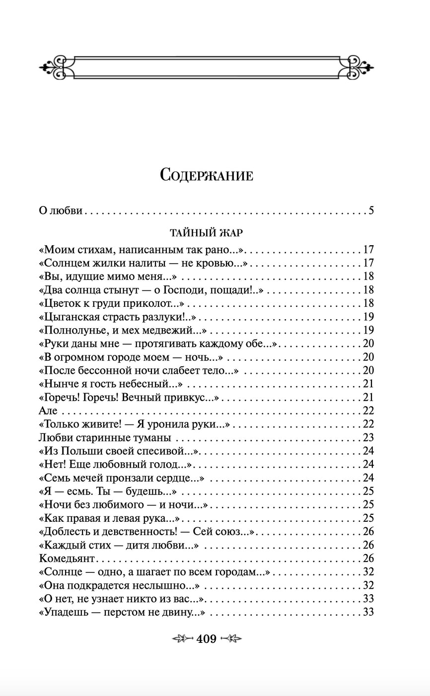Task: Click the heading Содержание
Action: pos(207,175)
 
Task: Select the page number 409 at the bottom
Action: pos(207,639)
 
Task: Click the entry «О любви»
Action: pos(60,210)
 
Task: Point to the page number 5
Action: pos(371,210)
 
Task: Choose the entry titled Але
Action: pos(48,411)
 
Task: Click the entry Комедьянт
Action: pos(66,558)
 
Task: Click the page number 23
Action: pos(368,437)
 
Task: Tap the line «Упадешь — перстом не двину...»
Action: pos(122,612)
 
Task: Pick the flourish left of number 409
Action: pos(182,639)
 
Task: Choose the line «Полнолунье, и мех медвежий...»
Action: pos(122,330)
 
